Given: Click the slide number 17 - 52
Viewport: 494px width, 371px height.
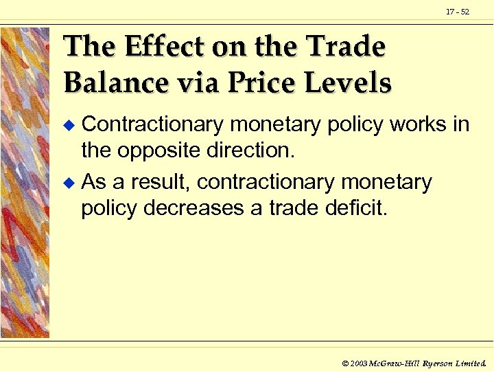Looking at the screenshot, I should (x=457, y=12).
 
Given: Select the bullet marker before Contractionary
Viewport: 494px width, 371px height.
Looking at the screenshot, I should (x=67, y=125).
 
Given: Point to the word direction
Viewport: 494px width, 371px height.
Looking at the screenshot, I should (x=252, y=150).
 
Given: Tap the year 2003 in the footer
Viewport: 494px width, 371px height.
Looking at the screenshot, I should (x=358, y=361).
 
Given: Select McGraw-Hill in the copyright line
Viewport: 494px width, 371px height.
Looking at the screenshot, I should (x=393, y=361).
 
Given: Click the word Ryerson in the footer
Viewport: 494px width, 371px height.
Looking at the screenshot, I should (x=438, y=361).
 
